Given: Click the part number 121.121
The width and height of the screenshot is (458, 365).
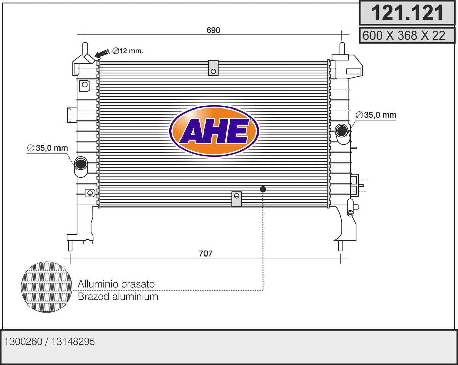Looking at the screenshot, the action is [407, 13].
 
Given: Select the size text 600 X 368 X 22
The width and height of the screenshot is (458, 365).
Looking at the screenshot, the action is [404, 35].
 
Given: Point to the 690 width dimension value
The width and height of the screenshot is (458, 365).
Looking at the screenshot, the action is [213, 30].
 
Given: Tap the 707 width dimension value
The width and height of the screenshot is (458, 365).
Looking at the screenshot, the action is [206, 253].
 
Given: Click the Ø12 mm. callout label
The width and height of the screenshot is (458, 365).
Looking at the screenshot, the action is [127, 51].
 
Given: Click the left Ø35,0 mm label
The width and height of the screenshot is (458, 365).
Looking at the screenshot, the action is [47, 148].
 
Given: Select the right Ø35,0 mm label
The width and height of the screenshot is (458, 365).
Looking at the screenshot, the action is [376, 115].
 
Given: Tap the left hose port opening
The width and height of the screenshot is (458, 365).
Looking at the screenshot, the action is [81, 163].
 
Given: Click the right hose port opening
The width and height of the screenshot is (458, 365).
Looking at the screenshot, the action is [342, 130].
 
